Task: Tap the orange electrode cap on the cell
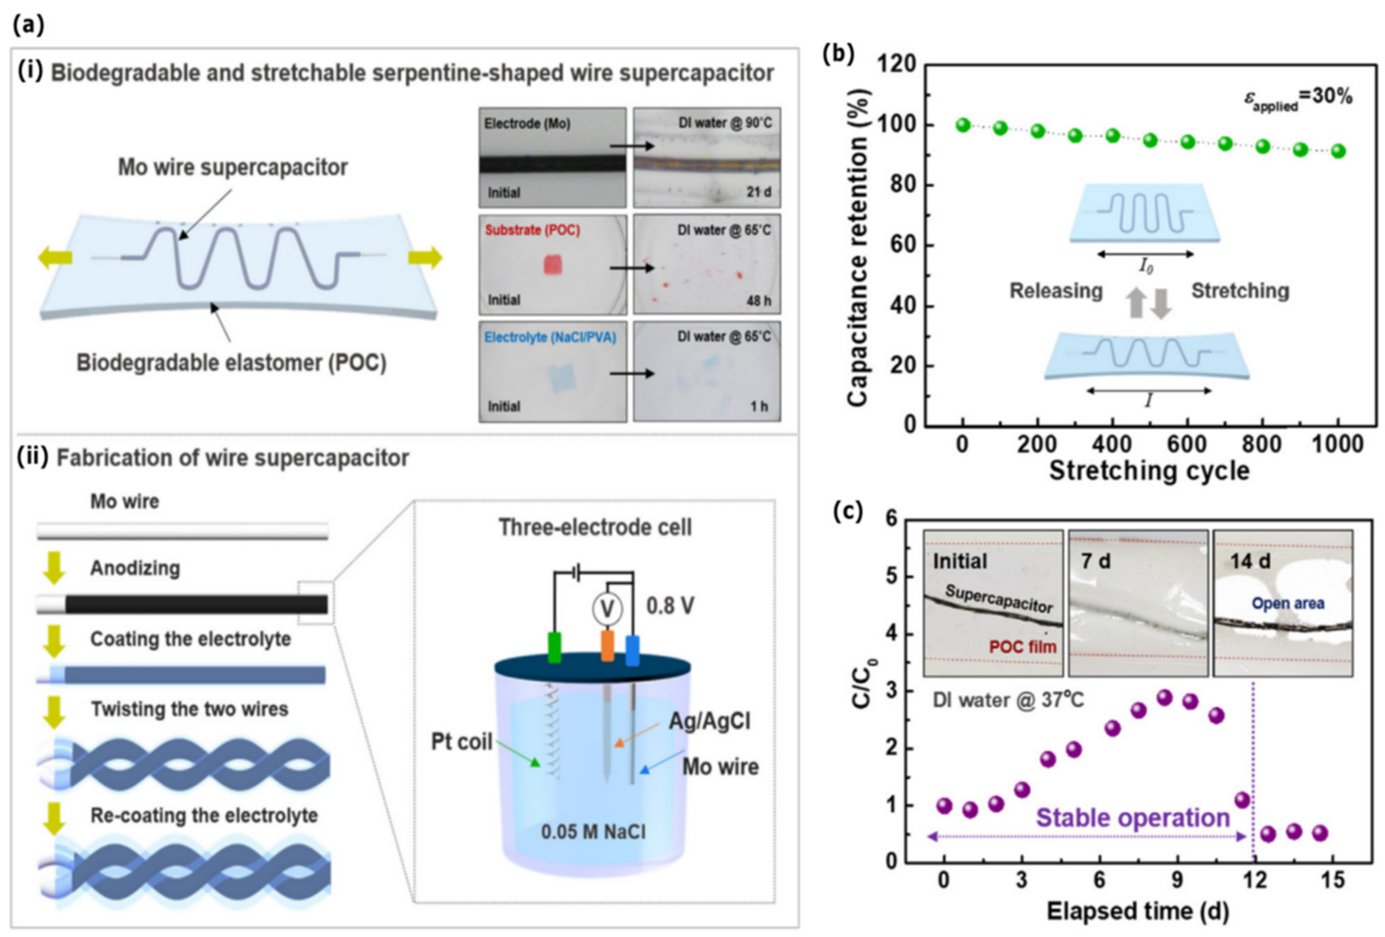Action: click(607, 646)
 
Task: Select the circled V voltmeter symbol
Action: click(606, 609)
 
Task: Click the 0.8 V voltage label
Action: click(670, 606)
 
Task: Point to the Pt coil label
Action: click(461, 742)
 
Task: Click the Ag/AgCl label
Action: click(709, 722)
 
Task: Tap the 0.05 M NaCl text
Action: click(593, 831)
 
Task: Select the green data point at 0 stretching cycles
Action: click(963, 125)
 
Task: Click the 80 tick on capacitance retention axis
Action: click(902, 185)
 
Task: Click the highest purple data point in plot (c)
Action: click(1164, 697)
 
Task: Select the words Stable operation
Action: click(1133, 817)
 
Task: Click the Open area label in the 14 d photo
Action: click(1288, 603)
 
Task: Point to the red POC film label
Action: click(1022, 647)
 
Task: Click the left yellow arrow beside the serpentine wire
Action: click(55, 258)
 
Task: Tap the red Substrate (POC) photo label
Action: click(532, 230)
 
